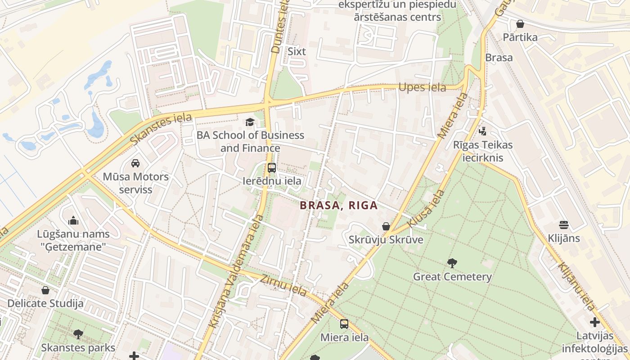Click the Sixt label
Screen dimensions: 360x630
coord(297,51)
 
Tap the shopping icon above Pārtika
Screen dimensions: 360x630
coord(520,24)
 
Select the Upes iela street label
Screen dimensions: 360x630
coord(422,87)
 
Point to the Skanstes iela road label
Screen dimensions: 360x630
coord(161,129)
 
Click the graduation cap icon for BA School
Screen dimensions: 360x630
coord(250,122)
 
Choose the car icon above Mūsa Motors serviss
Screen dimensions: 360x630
coord(135,163)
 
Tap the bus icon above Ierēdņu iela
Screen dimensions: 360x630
coord(272,168)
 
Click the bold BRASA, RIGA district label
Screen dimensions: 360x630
coord(338,206)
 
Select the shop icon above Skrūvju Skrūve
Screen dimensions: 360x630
coord(386,226)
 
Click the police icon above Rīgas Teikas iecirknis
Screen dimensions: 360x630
coord(483,131)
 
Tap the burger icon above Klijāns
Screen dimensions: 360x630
coord(564,225)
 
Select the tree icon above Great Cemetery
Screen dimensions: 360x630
coord(452,263)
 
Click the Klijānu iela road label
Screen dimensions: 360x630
coord(576,286)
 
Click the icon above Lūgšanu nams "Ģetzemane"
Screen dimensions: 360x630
coord(73,220)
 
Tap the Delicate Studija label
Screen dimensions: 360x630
coord(45,303)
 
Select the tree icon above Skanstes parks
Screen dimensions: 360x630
coord(78,334)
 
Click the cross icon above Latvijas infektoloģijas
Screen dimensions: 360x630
coord(594,322)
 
